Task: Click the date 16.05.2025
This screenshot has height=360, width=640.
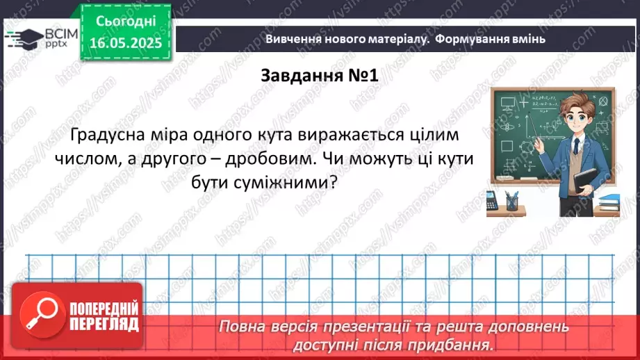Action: (126, 43)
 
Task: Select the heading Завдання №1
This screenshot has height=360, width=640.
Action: (319, 75)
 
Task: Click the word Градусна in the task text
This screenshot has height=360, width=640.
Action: (113, 132)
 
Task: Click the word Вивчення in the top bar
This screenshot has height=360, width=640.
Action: (293, 39)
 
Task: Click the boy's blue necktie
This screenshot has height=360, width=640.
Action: (576, 149)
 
